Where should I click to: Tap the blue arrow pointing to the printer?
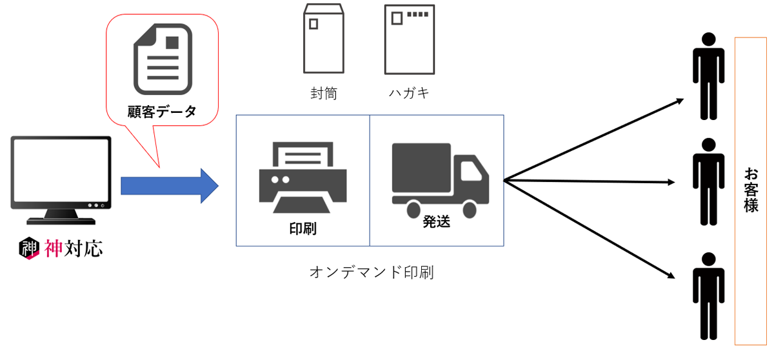click(x=170, y=186)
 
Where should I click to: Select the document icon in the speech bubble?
click(x=161, y=59)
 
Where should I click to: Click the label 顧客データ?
click(x=162, y=112)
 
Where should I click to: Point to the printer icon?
click(x=303, y=178)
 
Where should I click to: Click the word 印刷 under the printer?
click(x=303, y=228)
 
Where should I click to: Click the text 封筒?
click(x=324, y=94)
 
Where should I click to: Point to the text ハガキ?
click(x=409, y=94)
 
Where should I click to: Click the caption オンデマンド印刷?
click(x=372, y=272)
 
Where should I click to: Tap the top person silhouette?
click(x=709, y=75)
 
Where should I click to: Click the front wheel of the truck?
click(x=470, y=210)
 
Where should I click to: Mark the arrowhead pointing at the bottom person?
click(x=671, y=276)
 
